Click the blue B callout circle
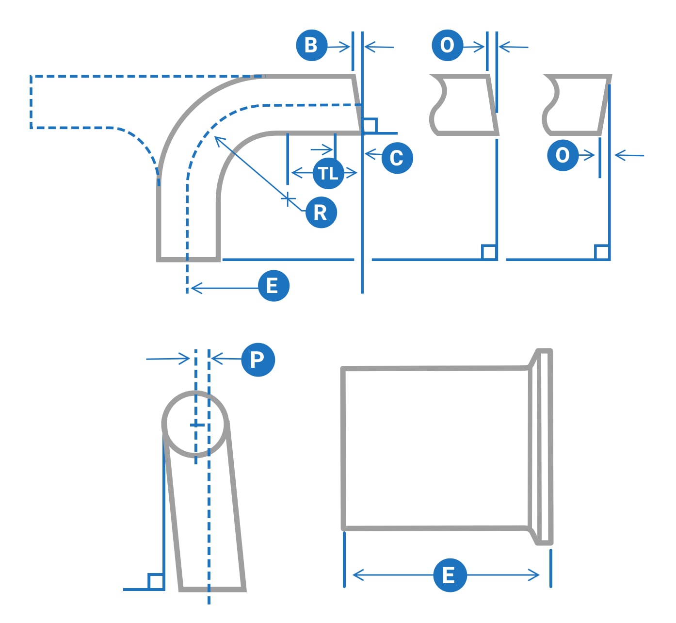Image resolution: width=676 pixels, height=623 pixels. (x=312, y=46)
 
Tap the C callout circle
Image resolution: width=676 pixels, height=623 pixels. (x=397, y=158)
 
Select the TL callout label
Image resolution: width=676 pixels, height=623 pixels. (x=328, y=173)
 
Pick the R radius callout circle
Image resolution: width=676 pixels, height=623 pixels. (x=321, y=213)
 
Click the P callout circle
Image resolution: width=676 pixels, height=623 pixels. (x=258, y=360)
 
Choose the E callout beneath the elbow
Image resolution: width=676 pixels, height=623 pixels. (x=274, y=286)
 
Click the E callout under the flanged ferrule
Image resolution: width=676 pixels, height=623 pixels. (x=450, y=575)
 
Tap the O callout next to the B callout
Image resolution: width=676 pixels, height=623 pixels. (x=447, y=46)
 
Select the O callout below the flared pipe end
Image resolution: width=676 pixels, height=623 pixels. (x=563, y=155)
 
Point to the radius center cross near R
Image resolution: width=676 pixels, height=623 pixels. (x=288, y=199)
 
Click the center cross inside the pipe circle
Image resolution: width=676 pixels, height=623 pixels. (x=196, y=425)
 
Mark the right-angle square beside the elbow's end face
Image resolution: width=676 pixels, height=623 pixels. (x=370, y=125)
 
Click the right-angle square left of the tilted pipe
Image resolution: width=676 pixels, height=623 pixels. (x=156, y=581)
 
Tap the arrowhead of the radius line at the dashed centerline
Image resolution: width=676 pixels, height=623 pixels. (x=216, y=138)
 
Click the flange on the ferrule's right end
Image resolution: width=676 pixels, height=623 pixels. (x=544, y=446)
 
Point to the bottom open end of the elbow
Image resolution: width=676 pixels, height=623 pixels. (x=188, y=259)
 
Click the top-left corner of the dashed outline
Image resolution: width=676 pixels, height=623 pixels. (x=31, y=77)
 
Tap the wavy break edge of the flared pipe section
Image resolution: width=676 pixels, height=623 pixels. (x=551, y=104)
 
